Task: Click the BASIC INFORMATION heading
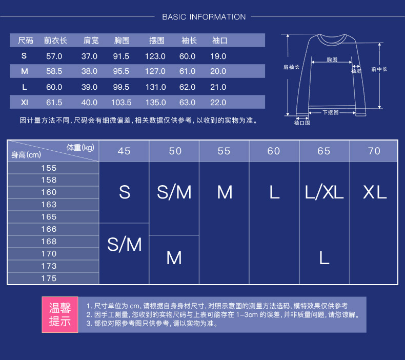tap(204, 17)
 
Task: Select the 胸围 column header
tap(121, 40)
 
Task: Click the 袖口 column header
tap(219, 40)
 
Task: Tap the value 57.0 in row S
tap(54, 56)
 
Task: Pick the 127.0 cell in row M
tap(156, 71)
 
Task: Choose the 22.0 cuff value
tap(218, 102)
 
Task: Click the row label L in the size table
tap(24, 87)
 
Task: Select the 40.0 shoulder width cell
tap(89, 102)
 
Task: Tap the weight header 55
tap(224, 151)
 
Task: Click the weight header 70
tap(374, 151)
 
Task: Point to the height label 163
tap(49, 205)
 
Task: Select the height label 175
tap(49, 278)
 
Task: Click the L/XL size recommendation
tap(324, 192)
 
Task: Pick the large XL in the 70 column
tap(374, 192)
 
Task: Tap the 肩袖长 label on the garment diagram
tap(291, 67)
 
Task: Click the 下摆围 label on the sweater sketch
tap(331, 112)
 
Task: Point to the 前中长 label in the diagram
tap(379, 69)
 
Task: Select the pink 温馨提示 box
tap(59, 314)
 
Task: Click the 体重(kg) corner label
tap(80, 148)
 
